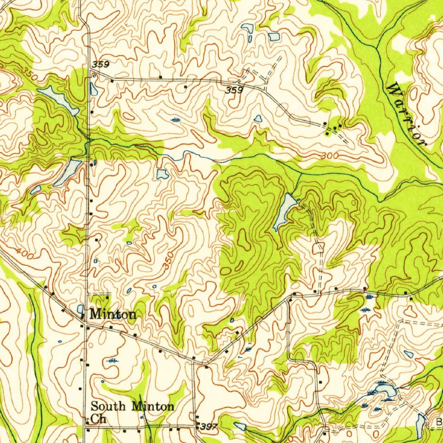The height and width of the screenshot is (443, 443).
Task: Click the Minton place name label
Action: (x=112, y=315)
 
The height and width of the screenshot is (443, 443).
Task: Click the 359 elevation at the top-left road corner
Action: (x=100, y=64)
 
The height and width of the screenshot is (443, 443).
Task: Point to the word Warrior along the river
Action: (x=406, y=115)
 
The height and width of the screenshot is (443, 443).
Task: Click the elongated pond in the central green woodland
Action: (x=284, y=211)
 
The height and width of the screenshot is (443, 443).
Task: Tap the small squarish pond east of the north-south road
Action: (x=162, y=174)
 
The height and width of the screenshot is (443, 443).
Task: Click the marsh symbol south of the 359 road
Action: (x=175, y=119)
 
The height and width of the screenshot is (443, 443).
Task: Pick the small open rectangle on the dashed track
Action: (x=318, y=248)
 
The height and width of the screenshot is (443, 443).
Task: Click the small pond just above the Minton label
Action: (x=80, y=308)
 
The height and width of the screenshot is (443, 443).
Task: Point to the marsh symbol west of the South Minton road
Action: (x=113, y=360)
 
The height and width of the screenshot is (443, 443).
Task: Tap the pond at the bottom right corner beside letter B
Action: (x=421, y=424)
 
